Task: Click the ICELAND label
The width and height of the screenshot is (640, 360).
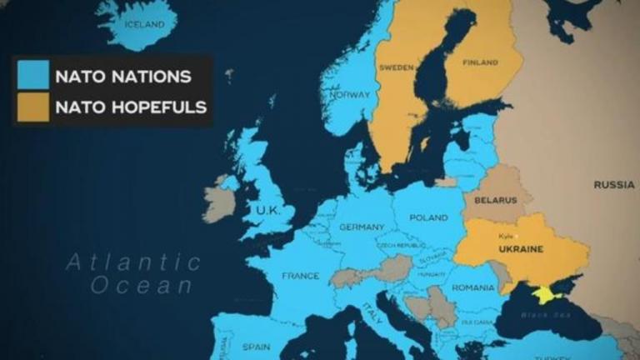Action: (x=144, y=24)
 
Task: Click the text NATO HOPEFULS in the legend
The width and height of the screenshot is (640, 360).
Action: (x=130, y=107)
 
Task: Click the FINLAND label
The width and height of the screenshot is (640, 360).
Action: (x=480, y=62)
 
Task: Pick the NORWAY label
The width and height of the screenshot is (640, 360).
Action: (x=349, y=94)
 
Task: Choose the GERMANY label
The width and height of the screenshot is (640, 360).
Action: (x=362, y=227)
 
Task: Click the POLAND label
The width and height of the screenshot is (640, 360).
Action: (x=429, y=217)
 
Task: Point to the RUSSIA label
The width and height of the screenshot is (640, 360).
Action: (x=614, y=184)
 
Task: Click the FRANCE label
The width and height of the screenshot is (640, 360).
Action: (x=301, y=275)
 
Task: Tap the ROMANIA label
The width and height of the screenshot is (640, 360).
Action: (x=473, y=287)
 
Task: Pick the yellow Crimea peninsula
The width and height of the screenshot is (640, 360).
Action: (x=545, y=294)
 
